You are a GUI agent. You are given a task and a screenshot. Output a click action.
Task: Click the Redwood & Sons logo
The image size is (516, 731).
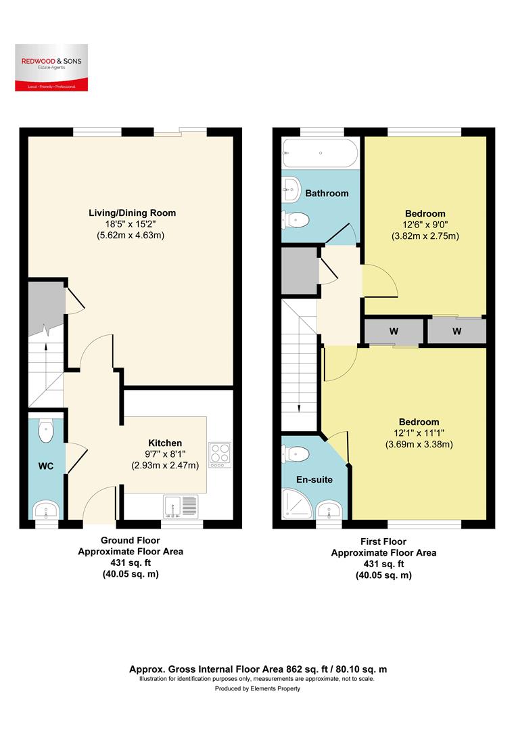click(x=49, y=68)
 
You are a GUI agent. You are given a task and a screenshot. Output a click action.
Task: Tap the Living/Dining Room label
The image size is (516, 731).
click(x=127, y=213)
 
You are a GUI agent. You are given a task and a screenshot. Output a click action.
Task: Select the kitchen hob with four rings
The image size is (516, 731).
click(x=220, y=455)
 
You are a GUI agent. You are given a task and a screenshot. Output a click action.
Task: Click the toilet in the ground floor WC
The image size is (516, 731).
click(x=46, y=431)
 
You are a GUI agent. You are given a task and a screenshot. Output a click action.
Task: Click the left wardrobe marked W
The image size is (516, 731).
click(x=393, y=332)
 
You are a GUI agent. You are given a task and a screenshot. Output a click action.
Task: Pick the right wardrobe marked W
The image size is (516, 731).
click(x=457, y=332)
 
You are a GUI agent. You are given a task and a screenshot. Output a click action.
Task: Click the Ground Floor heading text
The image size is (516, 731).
click(x=130, y=540)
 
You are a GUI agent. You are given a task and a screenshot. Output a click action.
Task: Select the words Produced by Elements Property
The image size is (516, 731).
click(x=258, y=688)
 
